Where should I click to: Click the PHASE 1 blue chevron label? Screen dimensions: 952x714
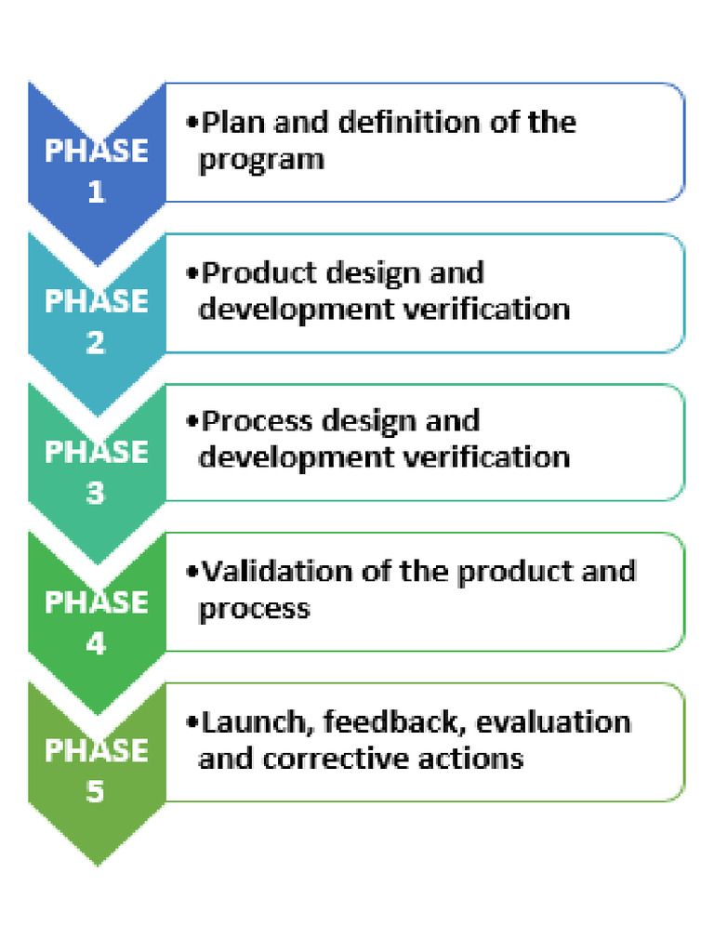[97, 170]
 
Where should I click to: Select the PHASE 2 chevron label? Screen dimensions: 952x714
[97, 321]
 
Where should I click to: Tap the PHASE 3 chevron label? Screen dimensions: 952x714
[97, 471]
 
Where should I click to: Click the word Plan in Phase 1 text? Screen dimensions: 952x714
[233, 122]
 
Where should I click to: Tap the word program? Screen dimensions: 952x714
[261, 160]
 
